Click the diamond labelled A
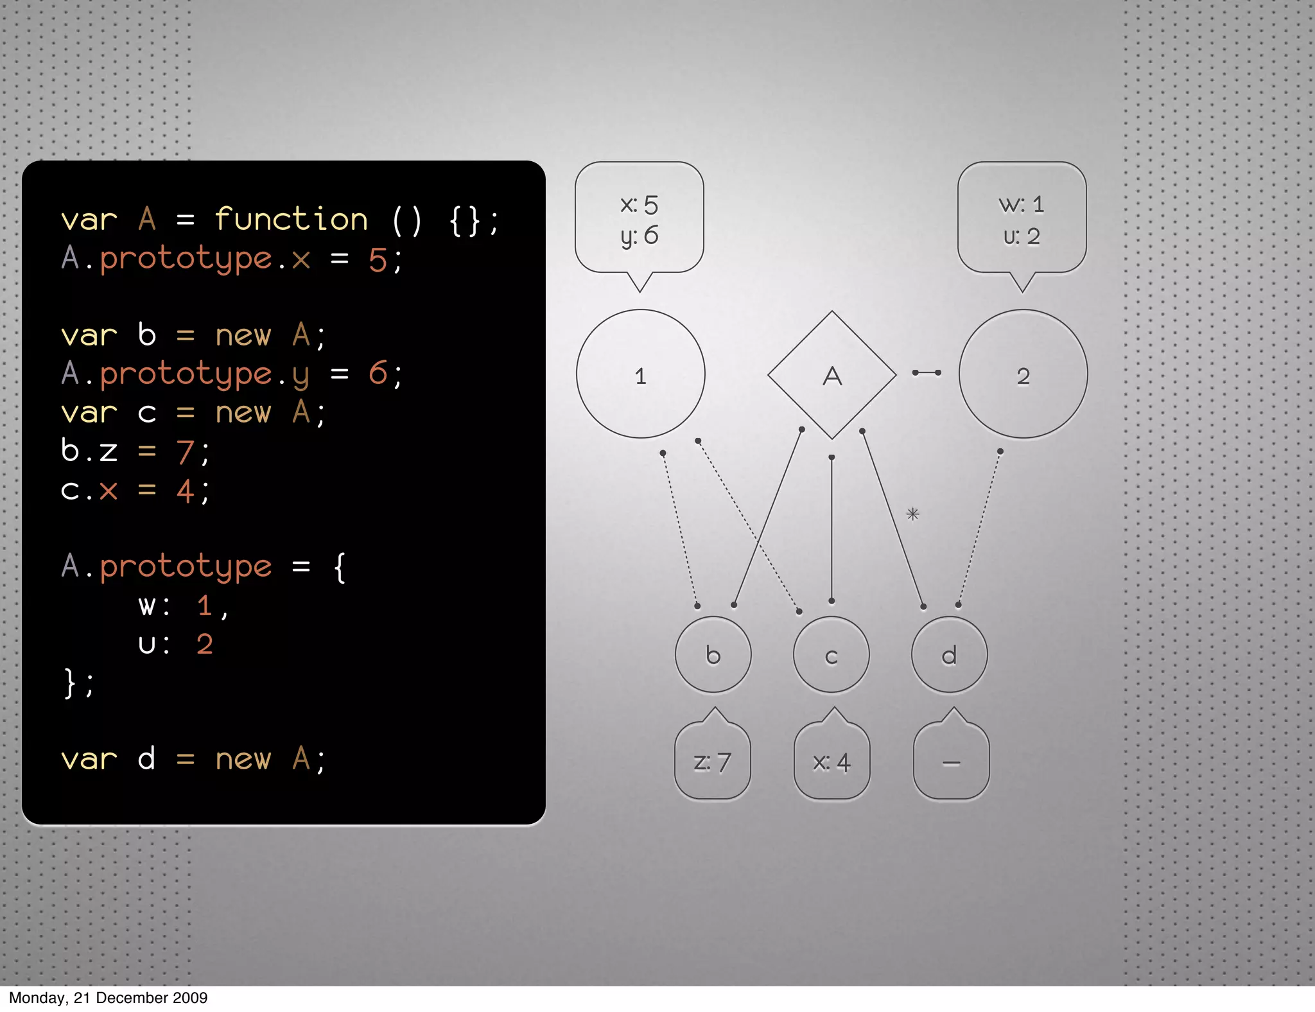click(x=832, y=375)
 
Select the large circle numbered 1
click(x=640, y=374)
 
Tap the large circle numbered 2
click(x=1023, y=374)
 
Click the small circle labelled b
click(x=713, y=654)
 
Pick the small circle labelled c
click(x=831, y=655)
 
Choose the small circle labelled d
click(x=949, y=655)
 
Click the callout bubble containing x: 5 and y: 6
click(x=640, y=219)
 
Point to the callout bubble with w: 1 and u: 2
click(x=1022, y=219)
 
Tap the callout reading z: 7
click(x=712, y=762)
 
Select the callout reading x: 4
click(x=832, y=762)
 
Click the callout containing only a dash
click(x=951, y=762)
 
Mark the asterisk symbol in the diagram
click(x=912, y=514)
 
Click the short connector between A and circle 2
click(x=927, y=372)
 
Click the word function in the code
click(x=291, y=220)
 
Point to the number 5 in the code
click(x=378, y=260)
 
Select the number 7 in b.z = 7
click(x=185, y=452)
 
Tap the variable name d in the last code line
click(x=146, y=759)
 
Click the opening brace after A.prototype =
click(x=340, y=568)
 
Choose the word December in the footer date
click(x=126, y=997)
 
